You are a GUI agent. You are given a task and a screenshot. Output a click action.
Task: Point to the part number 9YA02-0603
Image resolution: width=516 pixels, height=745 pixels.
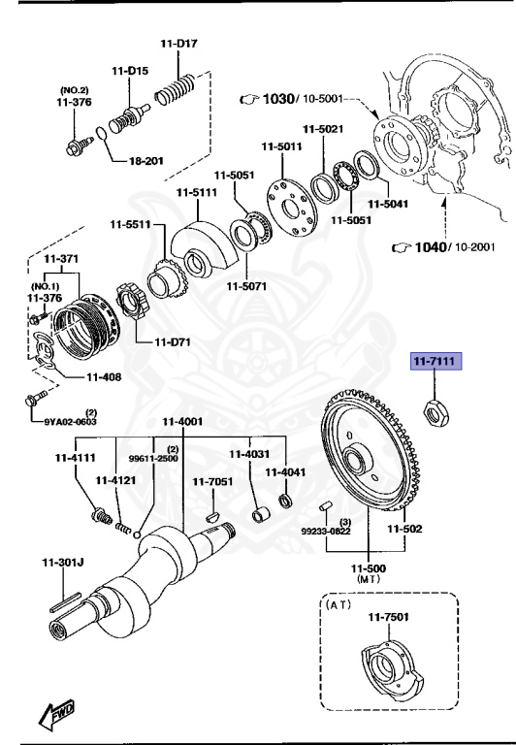[x=71, y=422]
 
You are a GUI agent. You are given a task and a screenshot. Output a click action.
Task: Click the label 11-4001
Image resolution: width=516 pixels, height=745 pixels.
[x=181, y=421]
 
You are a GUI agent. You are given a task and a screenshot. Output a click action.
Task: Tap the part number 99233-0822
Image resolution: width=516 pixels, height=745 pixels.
[x=325, y=533]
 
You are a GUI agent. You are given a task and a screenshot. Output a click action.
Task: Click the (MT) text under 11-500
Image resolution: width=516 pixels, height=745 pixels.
[x=368, y=578]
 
